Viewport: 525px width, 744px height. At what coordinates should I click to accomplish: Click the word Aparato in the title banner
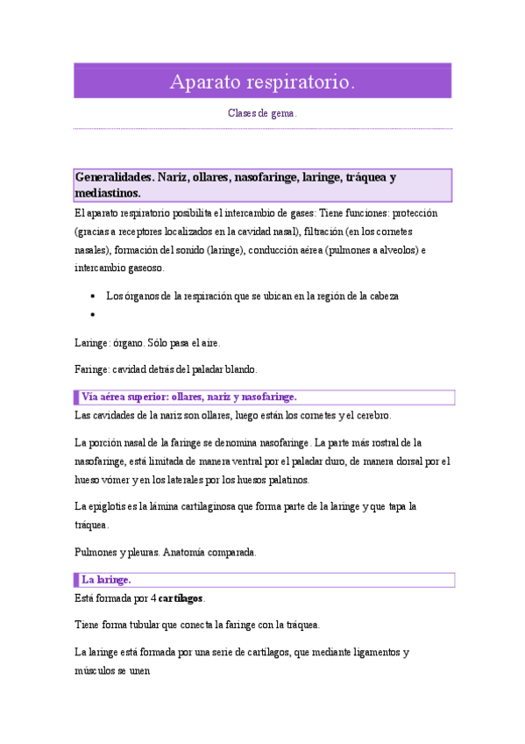203,82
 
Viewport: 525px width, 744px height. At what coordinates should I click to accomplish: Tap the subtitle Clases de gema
262,114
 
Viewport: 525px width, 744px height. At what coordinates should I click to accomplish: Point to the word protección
415,213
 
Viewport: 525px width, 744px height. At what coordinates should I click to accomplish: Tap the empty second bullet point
92,314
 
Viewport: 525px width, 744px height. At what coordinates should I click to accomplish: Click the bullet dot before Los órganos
92,297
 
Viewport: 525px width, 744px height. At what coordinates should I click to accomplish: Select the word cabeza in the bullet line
382,297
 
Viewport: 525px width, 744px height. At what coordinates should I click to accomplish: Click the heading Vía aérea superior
188,397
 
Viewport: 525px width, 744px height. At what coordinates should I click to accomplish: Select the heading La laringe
106,580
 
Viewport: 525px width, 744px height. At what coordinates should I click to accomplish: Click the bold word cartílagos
179,598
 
